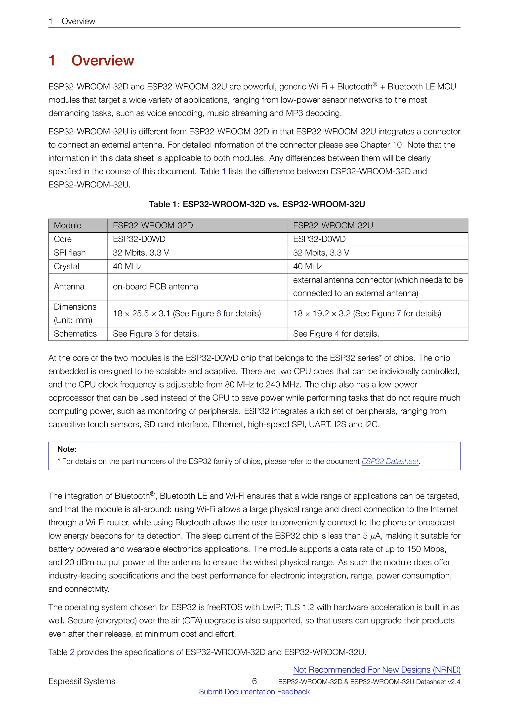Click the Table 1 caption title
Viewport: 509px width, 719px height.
pyautogui.click(x=257, y=204)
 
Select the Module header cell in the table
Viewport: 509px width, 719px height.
pyautogui.click(x=67, y=225)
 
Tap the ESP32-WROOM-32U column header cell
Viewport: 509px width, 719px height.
pyautogui.click(x=333, y=225)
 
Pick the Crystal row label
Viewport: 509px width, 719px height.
pyautogui.click(x=66, y=266)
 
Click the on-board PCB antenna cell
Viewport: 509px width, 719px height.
pyautogui.click(x=155, y=287)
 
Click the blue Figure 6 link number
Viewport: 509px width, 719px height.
pyautogui.click(x=218, y=314)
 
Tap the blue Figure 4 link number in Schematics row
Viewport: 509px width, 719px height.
pyautogui.click(x=337, y=334)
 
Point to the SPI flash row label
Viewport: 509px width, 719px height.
pyautogui.click(x=70, y=253)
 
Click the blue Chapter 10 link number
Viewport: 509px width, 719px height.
pyautogui.click(x=397, y=145)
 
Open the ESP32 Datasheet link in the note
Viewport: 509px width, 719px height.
pyautogui.click(x=390, y=461)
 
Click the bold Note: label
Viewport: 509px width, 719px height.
pyautogui.click(x=67, y=449)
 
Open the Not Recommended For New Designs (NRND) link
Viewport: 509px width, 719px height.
pyautogui.click(x=377, y=670)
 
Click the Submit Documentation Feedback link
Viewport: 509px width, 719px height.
pyautogui.click(x=254, y=692)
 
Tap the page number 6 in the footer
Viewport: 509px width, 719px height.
pyautogui.click(x=254, y=681)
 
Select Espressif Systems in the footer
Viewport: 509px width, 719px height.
pyautogui.click(x=82, y=681)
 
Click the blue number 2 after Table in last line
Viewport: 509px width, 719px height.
pyautogui.click(x=72, y=652)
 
